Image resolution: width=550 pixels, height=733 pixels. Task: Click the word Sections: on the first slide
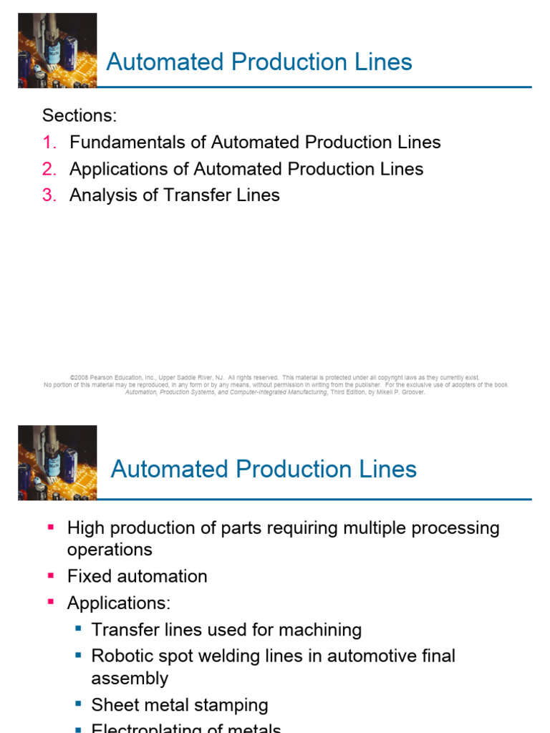click(79, 115)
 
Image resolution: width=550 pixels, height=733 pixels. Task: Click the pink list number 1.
click(49, 142)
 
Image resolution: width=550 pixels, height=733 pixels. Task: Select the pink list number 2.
click(49, 169)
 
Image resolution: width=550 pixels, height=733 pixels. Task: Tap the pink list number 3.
click(49, 195)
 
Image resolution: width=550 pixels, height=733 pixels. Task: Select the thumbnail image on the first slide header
click(57, 50)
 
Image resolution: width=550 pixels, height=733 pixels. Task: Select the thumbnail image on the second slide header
click(57, 462)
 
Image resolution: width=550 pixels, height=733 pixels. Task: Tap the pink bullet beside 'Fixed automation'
click(50, 575)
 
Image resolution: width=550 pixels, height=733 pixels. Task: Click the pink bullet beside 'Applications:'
click(50, 602)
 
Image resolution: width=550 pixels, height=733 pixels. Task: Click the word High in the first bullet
click(87, 528)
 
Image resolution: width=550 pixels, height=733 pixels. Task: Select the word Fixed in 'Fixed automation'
click(87, 576)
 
